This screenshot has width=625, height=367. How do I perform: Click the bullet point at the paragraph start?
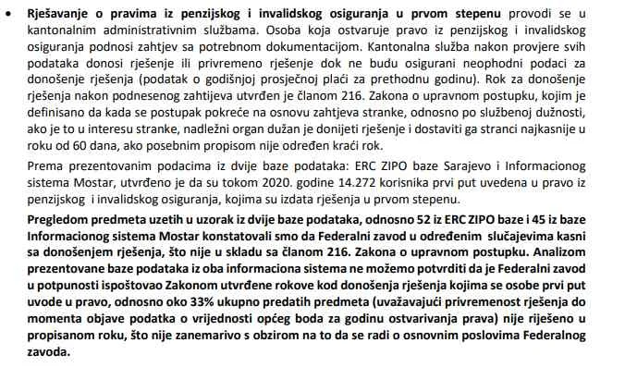[x=7, y=11]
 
